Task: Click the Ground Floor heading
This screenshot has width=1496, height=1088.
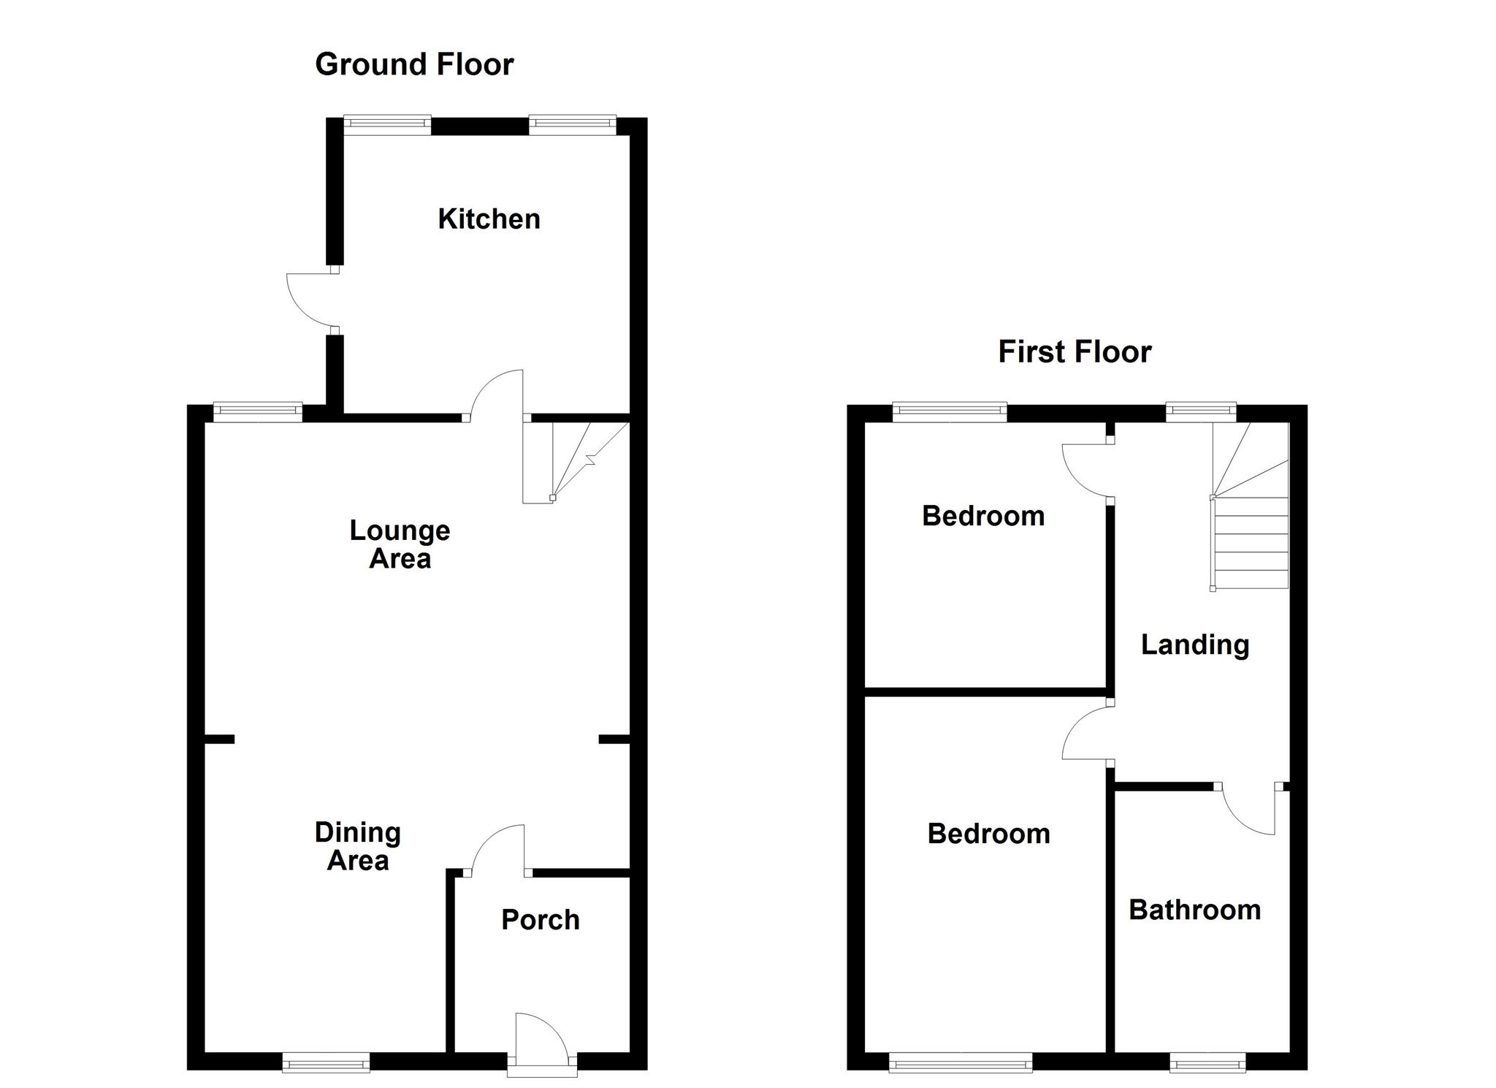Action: (414, 65)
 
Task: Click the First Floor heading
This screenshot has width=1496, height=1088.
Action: (1075, 352)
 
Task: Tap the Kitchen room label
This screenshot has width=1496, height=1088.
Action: (489, 219)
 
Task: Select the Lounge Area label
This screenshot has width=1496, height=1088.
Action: (400, 544)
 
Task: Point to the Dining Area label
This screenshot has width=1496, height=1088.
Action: (358, 846)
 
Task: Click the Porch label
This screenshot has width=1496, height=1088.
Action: (541, 920)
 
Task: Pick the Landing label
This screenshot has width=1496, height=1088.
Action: (1195, 645)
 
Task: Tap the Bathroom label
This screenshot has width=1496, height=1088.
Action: (1195, 910)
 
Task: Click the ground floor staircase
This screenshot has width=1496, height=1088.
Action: (576, 460)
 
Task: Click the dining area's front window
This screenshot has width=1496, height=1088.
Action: (326, 1062)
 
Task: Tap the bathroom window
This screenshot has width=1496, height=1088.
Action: (1207, 1062)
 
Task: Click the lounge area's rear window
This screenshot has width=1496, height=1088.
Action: (258, 413)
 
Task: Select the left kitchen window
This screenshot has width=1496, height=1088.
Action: (387, 125)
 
